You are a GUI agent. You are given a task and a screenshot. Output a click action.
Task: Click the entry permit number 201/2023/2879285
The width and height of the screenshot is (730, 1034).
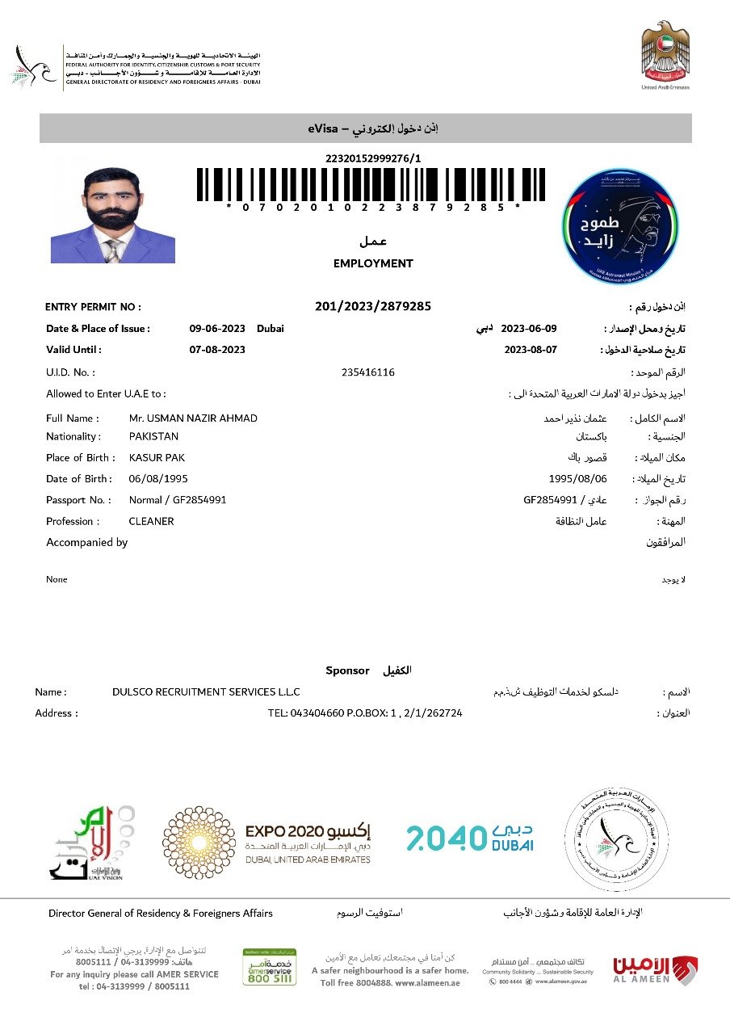click(x=373, y=306)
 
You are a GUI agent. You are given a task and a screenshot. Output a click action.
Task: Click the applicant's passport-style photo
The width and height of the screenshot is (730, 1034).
click(x=113, y=214)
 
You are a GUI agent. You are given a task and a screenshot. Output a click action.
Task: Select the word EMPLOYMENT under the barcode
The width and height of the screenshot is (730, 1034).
click(x=373, y=263)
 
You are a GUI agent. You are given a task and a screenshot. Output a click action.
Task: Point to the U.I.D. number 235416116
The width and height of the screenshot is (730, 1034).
click(x=368, y=372)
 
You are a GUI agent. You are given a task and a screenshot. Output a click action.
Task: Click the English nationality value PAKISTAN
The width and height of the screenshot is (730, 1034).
click(x=153, y=436)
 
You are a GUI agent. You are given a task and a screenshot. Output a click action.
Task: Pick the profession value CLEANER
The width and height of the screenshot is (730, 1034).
click(x=151, y=521)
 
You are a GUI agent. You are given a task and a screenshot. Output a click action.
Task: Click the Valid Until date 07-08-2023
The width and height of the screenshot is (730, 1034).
click(x=217, y=350)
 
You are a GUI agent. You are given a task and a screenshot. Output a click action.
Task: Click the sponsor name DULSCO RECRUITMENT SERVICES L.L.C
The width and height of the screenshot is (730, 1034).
click(x=206, y=691)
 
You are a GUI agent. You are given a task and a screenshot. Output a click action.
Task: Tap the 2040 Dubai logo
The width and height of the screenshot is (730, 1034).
click(x=469, y=838)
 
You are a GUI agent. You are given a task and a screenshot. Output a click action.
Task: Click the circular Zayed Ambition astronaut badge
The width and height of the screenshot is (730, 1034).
click(x=619, y=225)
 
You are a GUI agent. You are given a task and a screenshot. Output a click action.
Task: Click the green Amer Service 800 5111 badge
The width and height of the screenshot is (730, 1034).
click(x=270, y=967)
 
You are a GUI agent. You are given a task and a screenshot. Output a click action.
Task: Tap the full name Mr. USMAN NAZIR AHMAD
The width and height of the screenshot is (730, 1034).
click(x=193, y=418)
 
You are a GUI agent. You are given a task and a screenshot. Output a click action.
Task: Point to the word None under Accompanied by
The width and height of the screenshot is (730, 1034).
click(x=57, y=579)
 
